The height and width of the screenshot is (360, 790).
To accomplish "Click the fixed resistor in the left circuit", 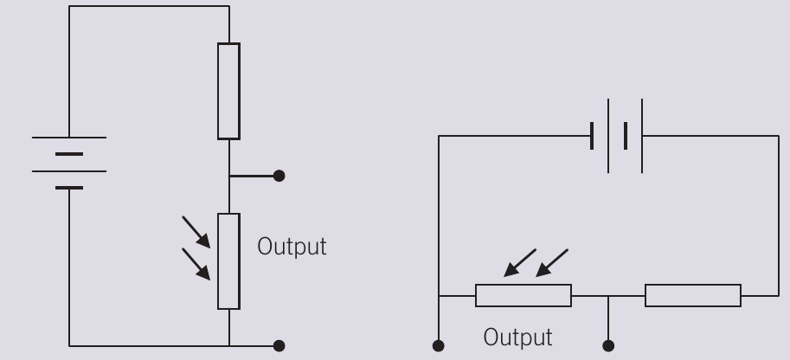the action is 228,91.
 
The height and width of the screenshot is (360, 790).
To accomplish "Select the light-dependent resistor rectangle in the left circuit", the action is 228,261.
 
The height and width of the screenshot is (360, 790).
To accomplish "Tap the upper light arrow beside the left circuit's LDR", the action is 196,232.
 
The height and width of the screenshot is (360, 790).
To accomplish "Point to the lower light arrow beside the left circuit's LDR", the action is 196,264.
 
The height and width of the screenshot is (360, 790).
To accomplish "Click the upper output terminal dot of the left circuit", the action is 279,176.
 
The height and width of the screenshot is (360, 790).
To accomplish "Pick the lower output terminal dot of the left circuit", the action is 279,346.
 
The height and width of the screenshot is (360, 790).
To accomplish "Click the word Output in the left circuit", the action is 292,247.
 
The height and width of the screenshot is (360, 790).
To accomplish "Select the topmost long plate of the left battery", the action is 69,137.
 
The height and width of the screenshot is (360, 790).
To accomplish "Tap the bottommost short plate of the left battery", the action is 69,188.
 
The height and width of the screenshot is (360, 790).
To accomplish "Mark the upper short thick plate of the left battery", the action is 69,154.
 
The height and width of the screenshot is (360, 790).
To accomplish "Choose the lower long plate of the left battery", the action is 69,171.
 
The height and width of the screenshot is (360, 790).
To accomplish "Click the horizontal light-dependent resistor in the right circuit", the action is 523,295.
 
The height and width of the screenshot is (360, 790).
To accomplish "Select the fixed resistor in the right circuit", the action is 693,295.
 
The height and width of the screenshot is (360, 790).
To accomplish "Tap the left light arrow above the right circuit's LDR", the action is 520,263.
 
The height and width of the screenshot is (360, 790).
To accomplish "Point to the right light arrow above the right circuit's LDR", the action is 552,263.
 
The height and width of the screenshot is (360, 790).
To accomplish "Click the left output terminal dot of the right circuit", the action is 439,346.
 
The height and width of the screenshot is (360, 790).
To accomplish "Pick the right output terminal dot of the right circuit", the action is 608,346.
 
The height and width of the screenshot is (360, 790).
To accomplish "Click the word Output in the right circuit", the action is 518,337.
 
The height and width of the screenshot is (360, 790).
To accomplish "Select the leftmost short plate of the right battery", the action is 592,136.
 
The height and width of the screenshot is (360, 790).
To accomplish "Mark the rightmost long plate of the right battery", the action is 642,136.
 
